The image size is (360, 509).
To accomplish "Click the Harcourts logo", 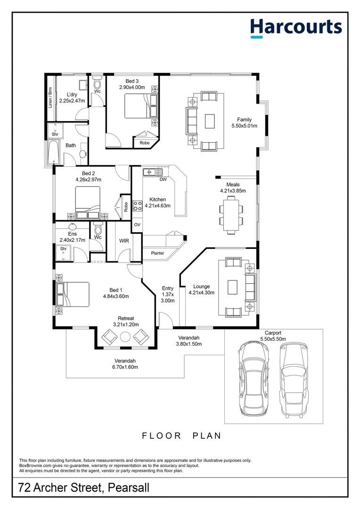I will (x=295, y=27).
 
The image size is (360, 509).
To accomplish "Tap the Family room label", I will (x=244, y=123).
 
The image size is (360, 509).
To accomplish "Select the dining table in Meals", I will (x=231, y=214).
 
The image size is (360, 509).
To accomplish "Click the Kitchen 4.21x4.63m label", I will (x=157, y=202).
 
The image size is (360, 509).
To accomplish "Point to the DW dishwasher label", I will (x=163, y=180).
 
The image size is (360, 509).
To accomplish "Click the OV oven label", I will (x=137, y=225).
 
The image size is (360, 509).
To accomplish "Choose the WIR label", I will (x=124, y=241).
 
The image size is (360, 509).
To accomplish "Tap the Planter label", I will (x=157, y=254).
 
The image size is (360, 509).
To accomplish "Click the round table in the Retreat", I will (x=126, y=337).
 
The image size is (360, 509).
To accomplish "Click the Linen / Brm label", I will (x=50, y=98).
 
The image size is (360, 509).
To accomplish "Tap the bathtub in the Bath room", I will (x=52, y=151).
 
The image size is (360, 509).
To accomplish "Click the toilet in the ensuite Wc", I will (x=98, y=230).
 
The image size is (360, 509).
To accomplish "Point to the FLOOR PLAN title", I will (x=181, y=435).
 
